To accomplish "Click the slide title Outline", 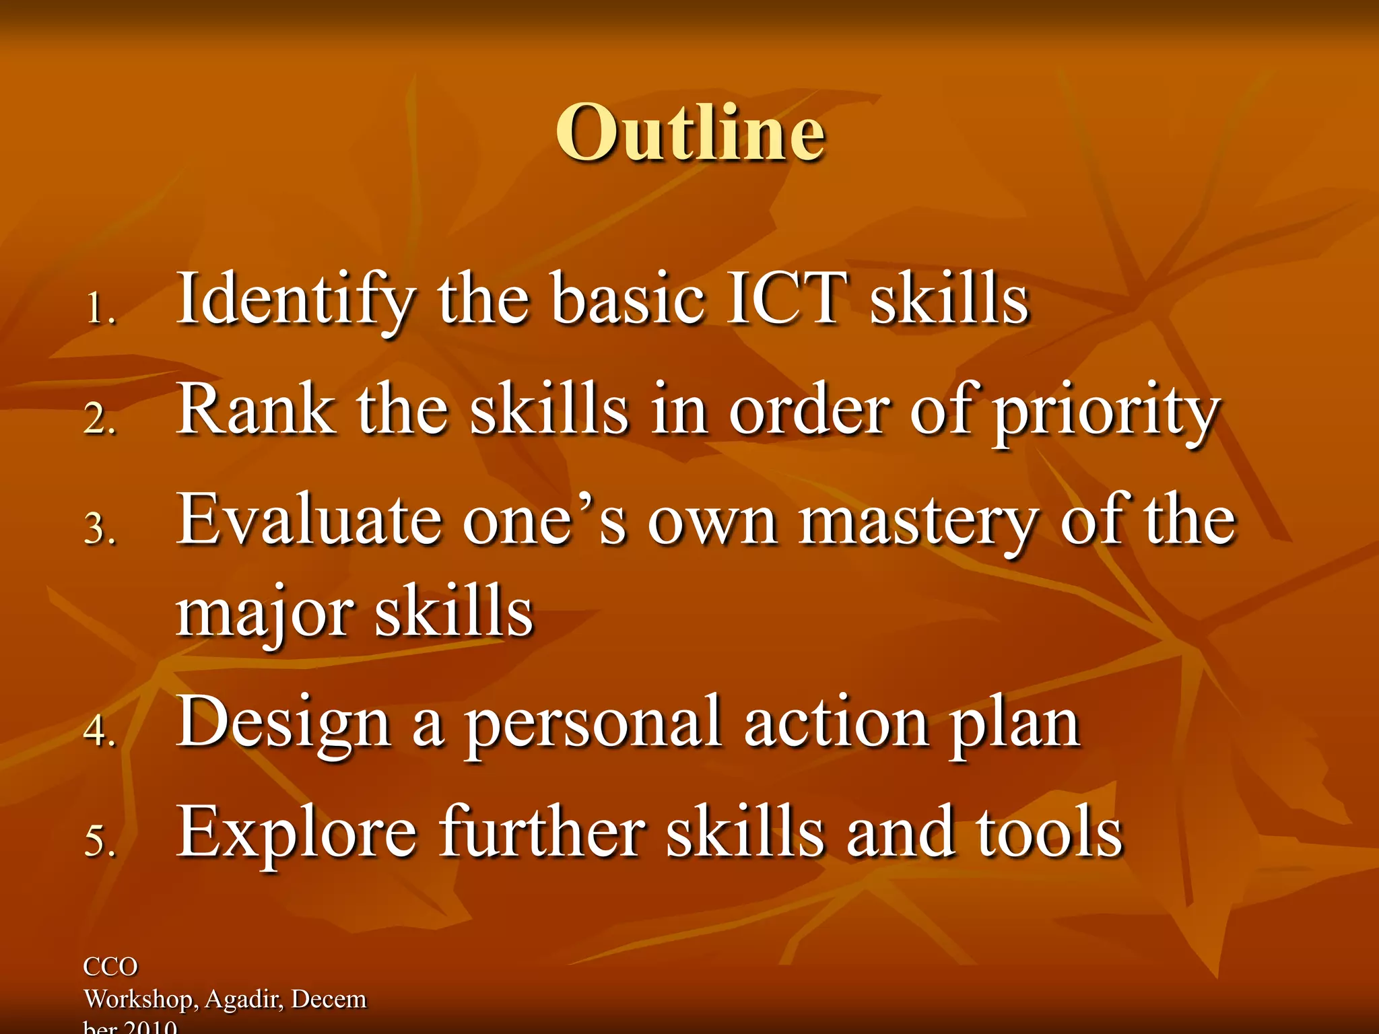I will [x=689, y=133].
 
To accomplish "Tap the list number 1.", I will [x=100, y=309].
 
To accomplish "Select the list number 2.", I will [x=100, y=419].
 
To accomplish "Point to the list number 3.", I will [x=100, y=528].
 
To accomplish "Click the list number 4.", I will [x=100, y=730].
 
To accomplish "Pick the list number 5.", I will [x=100, y=841].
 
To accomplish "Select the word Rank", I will [x=256, y=409].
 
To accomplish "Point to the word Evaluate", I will [x=310, y=519].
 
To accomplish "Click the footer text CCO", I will [x=110, y=967].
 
